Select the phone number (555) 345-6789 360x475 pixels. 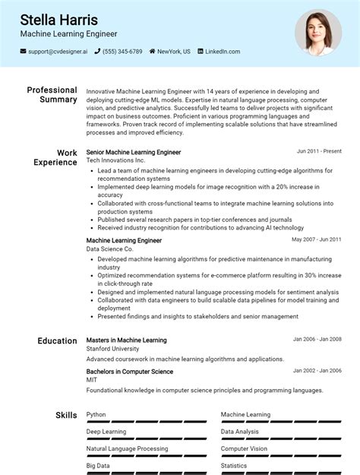click(122, 52)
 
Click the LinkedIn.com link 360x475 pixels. click(222, 52)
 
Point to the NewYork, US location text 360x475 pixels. click(174, 52)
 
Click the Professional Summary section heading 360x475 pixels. click(52, 95)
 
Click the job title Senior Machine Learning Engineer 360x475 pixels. click(134, 152)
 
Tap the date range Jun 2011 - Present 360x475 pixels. click(319, 151)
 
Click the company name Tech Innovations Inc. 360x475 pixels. click(115, 161)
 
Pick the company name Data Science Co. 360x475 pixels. click(109, 249)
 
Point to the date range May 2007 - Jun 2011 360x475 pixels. click(317, 239)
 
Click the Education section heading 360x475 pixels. click(57, 341)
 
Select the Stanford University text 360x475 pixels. click(112, 349)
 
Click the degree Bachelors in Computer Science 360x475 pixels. click(130, 372)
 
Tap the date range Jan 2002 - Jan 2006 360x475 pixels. click(317, 371)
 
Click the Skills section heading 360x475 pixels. click(66, 415)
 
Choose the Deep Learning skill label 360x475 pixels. click(106, 432)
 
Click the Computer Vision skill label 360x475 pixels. click(244, 448)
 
